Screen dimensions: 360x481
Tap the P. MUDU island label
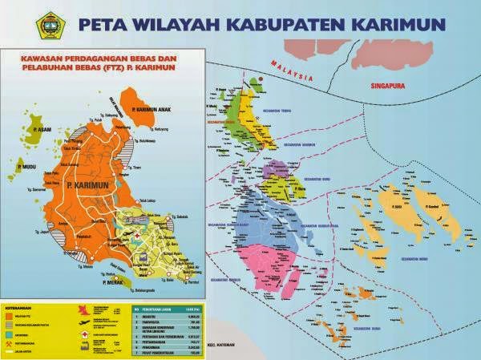(x=24, y=171)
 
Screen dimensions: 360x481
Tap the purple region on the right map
(x=282, y=169)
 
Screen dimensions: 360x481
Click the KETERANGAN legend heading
(x=25, y=307)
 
